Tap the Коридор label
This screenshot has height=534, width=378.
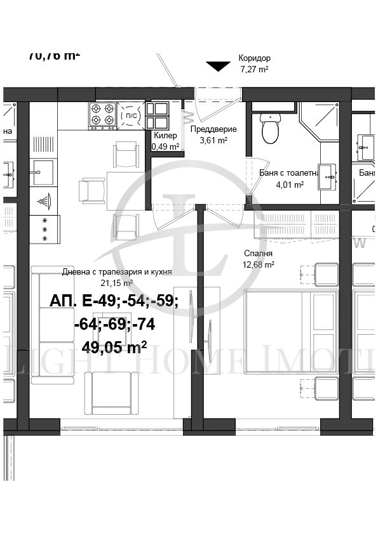click(x=254, y=58)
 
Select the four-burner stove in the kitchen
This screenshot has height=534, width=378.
click(x=102, y=115)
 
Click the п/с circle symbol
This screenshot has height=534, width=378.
click(x=130, y=116)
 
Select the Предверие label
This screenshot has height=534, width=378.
click(x=213, y=129)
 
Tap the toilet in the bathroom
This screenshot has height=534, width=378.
click(x=270, y=130)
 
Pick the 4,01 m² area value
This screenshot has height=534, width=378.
click(x=290, y=185)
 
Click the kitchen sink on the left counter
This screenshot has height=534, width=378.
click(x=44, y=172)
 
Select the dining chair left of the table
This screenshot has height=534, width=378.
click(x=91, y=189)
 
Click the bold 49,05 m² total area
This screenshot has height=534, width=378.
click(x=114, y=346)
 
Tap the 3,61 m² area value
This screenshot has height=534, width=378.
click(x=213, y=141)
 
